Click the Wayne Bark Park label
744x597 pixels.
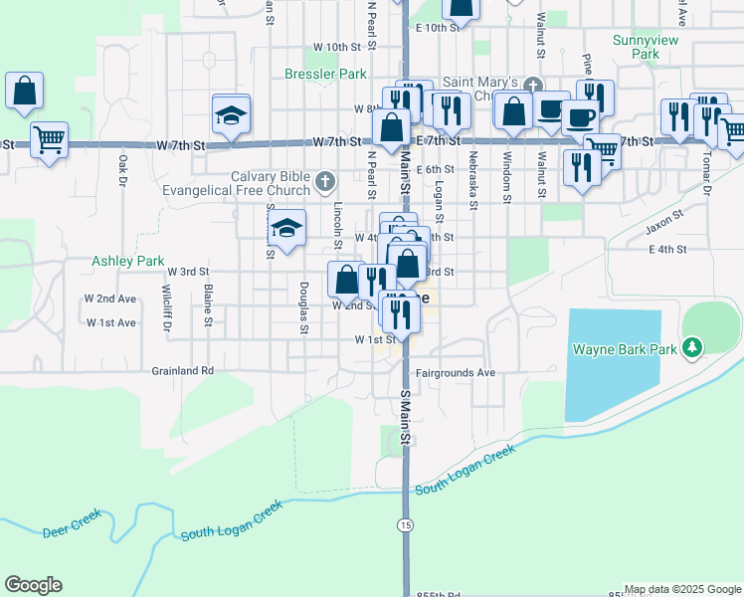(624, 349)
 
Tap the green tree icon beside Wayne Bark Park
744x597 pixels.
(694, 348)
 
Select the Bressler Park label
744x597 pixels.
(325, 74)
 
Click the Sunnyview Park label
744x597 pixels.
(636, 47)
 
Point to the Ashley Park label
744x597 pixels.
(128, 261)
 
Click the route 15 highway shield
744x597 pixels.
(405, 523)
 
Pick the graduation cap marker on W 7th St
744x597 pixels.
(231, 115)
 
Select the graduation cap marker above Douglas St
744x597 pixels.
(285, 231)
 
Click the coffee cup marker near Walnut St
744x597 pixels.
(580, 116)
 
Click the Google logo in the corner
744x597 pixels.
(34, 585)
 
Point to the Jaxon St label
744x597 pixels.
(664, 228)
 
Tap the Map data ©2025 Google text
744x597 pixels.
(681, 589)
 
